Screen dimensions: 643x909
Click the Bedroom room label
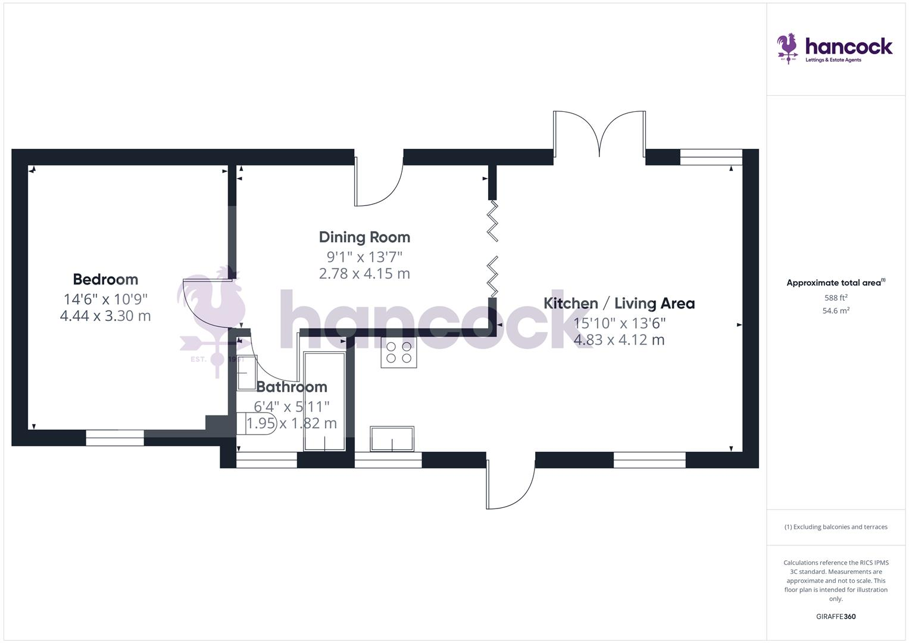tap(105, 279)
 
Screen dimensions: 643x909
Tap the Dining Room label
tap(364, 237)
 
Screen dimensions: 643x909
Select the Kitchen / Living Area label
tap(619, 303)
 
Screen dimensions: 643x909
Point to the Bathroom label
tap(292, 387)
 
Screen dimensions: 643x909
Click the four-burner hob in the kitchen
tap(399, 352)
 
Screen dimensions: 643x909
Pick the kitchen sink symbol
tap(392, 439)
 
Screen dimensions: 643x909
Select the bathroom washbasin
tap(246, 372)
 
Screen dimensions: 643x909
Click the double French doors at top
tap(599, 134)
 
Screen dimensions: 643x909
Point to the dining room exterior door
tap(379, 182)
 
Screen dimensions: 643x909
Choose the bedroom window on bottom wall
tap(115, 438)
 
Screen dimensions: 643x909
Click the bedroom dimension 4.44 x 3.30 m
tap(105, 316)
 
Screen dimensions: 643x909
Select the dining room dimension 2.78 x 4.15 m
tap(364, 274)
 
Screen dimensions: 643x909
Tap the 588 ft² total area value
tap(836, 298)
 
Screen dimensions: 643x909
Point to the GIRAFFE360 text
tap(836, 617)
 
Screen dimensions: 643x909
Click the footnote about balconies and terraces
tap(836, 527)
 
